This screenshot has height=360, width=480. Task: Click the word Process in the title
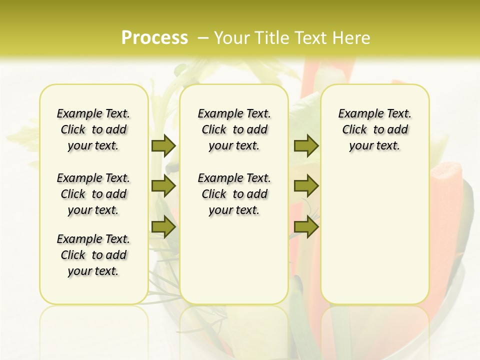pos(154,38)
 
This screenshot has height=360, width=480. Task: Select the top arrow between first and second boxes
pos(163,145)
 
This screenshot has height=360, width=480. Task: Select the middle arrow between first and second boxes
pos(163,186)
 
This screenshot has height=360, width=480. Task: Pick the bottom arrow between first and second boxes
pos(163,227)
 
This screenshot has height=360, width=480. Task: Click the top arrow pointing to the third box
pos(306,145)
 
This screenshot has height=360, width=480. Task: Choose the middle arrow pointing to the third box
pos(306,186)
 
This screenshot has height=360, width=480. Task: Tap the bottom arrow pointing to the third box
pos(306,227)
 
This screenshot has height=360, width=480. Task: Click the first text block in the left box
pos(93,129)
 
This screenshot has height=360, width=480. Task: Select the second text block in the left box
pos(93,194)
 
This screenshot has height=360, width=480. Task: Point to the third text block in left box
pos(93,255)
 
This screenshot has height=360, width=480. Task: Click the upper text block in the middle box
pos(234,129)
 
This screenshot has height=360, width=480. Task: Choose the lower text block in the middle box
pos(234,194)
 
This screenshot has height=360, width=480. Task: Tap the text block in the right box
pos(374,129)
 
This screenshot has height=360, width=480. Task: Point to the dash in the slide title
pos(203,38)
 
